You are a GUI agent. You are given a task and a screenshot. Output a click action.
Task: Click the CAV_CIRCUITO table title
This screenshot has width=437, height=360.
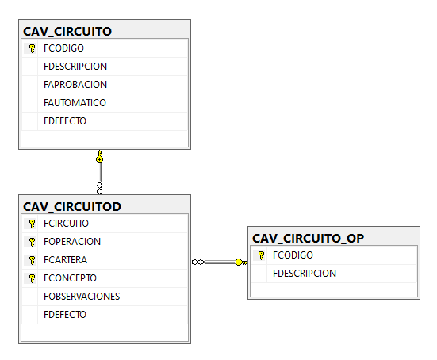coord(67,32)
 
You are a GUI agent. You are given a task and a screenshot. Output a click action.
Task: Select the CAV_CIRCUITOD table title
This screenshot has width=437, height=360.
coord(72,207)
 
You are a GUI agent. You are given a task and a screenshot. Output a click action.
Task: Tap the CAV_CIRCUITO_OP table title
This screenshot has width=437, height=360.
coord(308,239)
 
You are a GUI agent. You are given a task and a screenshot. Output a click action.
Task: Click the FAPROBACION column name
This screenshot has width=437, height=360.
coord(75,85)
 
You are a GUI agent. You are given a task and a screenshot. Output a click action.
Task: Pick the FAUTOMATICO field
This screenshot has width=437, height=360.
coord(75,103)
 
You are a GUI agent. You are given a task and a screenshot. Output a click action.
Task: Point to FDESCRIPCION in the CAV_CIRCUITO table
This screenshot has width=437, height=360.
coord(75,67)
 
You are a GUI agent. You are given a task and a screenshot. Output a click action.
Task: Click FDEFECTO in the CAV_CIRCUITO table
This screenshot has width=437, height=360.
coord(65,121)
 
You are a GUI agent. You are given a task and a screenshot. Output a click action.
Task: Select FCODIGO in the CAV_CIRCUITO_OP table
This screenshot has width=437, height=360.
coord(293,255)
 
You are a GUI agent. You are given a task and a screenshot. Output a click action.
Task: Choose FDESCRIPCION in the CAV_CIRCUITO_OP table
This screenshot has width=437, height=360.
coord(305,274)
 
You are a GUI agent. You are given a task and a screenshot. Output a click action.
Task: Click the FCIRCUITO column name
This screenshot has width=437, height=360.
coord(66,224)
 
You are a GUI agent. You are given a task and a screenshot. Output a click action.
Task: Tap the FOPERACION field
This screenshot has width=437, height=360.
coord(72,242)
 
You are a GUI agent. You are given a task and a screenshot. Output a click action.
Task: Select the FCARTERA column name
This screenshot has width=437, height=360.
coord(66,260)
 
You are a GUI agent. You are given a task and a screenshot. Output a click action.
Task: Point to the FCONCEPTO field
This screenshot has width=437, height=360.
coord(70,278)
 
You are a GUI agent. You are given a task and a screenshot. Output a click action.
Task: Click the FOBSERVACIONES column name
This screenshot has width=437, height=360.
coord(82,297)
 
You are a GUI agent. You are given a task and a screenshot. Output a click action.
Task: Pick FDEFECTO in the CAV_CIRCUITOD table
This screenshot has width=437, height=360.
coord(65,315)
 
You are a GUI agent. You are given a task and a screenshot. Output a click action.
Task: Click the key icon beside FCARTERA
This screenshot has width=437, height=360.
coord(33,260)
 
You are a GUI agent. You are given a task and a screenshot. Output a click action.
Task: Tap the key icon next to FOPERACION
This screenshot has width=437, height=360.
coord(33,242)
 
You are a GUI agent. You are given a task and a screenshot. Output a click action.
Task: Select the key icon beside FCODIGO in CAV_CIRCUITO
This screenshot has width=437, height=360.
coord(33,48)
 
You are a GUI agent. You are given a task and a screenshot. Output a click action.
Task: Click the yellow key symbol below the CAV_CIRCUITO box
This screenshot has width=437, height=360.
coord(99,156)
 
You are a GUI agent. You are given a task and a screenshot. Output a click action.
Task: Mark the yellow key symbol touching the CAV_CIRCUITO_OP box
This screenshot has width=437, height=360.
coord(241,262)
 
